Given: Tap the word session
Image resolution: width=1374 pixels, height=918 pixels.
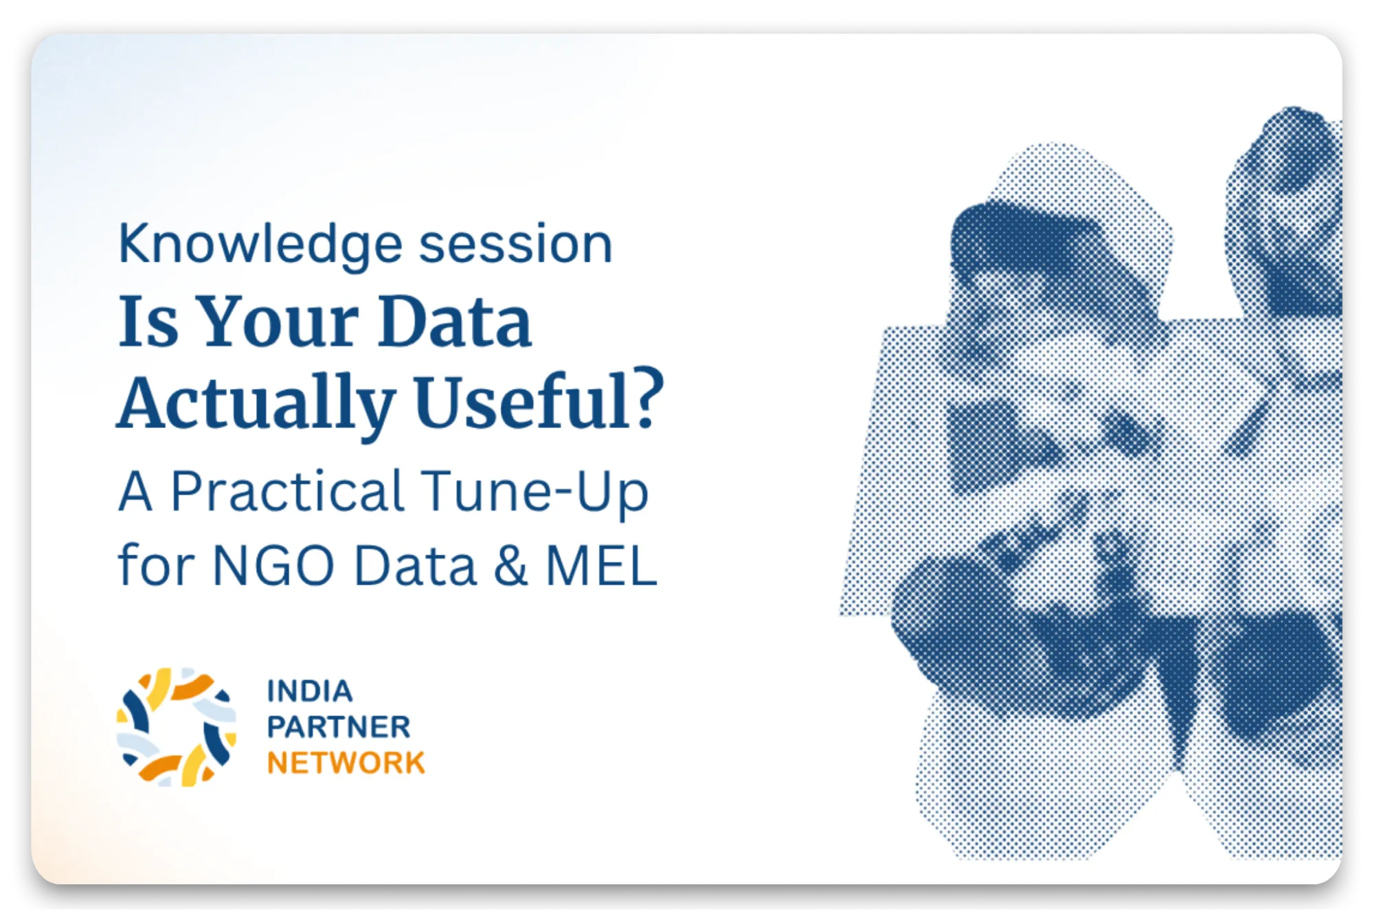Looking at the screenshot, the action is click(x=515, y=244).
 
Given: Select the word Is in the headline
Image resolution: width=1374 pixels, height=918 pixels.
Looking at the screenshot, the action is click(x=148, y=321).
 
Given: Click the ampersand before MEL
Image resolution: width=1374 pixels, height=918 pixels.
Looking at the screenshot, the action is click(x=511, y=566).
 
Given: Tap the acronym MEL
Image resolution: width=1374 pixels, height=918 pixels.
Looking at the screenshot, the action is click(x=601, y=566).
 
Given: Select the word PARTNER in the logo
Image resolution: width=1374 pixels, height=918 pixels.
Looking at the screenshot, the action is click(x=339, y=727).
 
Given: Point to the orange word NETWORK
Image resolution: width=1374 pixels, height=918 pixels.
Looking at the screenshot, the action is click(x=346, y=763).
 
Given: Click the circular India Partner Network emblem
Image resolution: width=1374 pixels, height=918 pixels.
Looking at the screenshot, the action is click(x=177, y=727).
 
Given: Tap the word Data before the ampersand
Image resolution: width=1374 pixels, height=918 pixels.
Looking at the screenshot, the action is click(x=414, y=566).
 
